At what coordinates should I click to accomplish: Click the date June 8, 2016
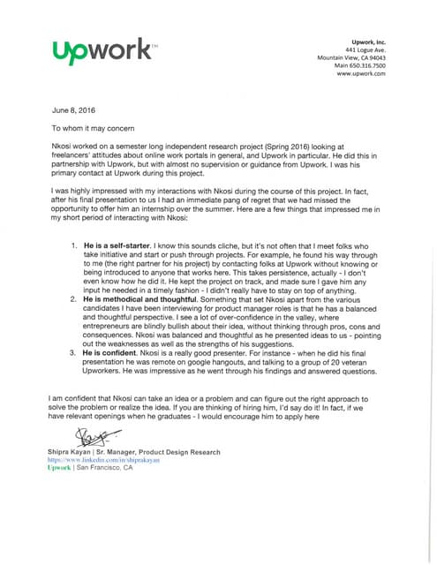click(x=72, y=111)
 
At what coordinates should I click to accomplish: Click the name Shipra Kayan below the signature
click(x=76, y=452)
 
